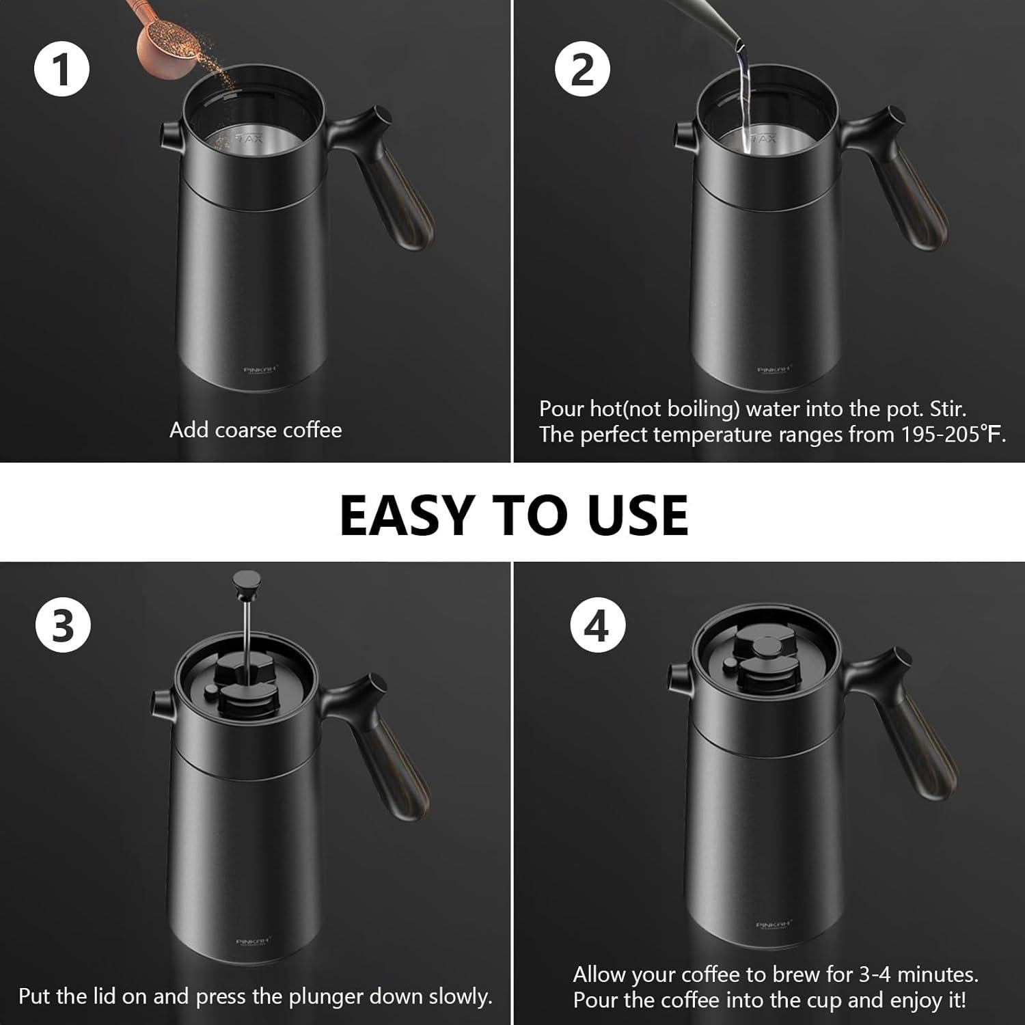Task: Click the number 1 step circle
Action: [61, 68]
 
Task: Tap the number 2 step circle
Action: [582, 68]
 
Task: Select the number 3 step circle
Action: [62, 625]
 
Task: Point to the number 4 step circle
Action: [598, 625]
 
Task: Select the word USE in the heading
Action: [637, 515]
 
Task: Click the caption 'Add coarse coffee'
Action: [256, 430]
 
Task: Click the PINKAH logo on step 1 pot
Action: [259, 370]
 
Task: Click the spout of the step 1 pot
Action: [169, 133]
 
